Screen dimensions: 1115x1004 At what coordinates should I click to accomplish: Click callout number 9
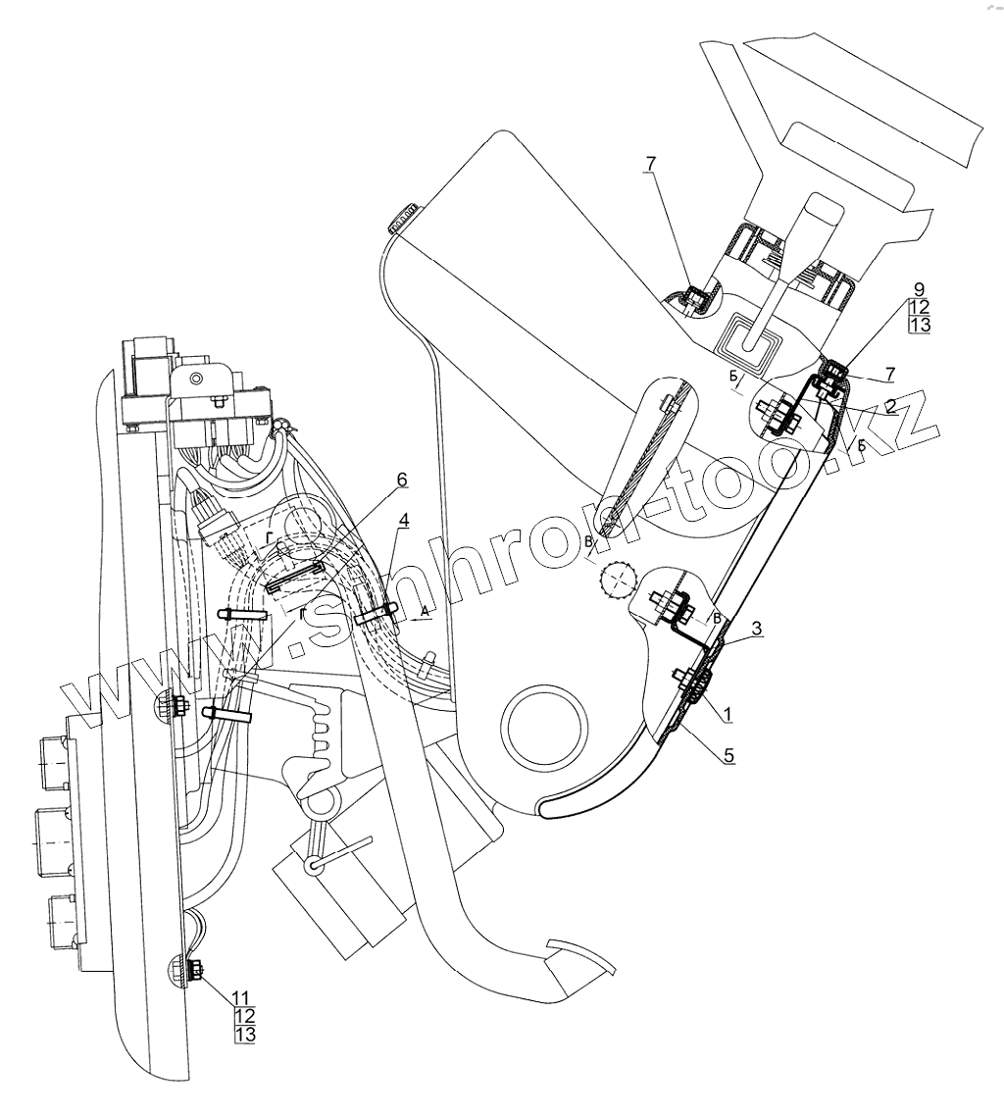pyautogui.click(x=919, y=290)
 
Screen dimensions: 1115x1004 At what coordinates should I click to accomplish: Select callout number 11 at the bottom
pyautogui.click(x=241, y=997)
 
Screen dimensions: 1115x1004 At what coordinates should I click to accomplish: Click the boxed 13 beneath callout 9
pyautogui.click(x=919, y=326)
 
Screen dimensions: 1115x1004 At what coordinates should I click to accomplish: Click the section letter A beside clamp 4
pyautogui.click(x=424, y=610)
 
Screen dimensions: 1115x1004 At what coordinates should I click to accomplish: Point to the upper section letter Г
pyautogui.click(x=269, y=537)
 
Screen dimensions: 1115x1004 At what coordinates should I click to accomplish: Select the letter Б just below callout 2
pyautogui.click(x=861, y=445)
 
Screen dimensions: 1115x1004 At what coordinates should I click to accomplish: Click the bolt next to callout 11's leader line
pyautogui.click(x=193, y=972)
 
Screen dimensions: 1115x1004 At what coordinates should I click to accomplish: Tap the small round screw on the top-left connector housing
pyautogui.click(x=199, y=378)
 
